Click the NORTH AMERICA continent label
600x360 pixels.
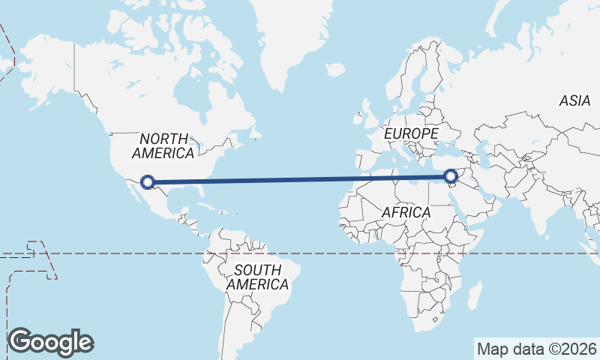[163, 145]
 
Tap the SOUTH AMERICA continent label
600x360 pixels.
[257, 277]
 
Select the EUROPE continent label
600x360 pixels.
[410, 133]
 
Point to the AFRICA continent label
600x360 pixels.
[406, 212]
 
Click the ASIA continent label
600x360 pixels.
[574, 100]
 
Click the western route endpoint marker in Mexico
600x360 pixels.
[148, 181]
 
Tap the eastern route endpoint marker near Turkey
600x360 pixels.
[451, 177]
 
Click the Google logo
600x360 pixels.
[51, 342]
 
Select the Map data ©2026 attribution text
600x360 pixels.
[537, 349]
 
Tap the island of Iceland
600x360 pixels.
[336, 70]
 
